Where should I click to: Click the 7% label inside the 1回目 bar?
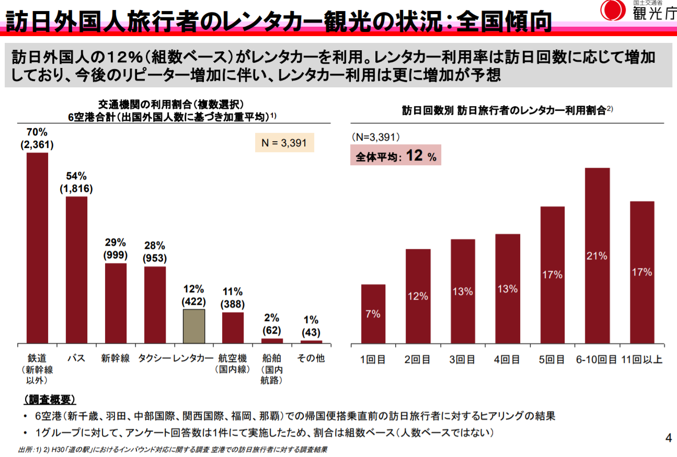coord(373,314)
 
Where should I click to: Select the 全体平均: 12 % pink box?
coord(395,156)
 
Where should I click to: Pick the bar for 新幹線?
coord(116,303)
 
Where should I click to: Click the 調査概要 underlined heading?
coord(50,400)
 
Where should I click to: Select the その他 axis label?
coord(311,359)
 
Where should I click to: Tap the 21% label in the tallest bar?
coord(597,256)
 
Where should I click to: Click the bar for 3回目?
coord(463,291)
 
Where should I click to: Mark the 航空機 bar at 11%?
coord(233,327)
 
